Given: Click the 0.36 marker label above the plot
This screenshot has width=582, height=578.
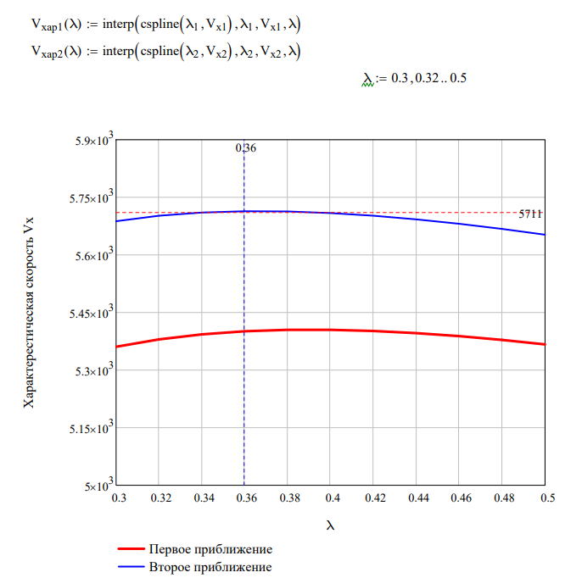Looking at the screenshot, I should (x=245, y=148).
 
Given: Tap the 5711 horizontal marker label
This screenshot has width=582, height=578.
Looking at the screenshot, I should (x=530, y=214).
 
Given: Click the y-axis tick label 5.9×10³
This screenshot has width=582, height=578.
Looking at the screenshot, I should (x=92, y=140).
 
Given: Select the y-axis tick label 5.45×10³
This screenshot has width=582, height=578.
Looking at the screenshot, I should (x=89, y=313).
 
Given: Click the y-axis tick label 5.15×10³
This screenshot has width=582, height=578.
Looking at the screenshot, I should (x=89, y=428).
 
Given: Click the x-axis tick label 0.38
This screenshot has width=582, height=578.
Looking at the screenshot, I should (x=288, y=499).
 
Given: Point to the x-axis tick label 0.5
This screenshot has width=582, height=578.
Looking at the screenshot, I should (x=544, y=499).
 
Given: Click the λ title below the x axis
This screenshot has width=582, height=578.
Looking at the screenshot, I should (x=330, y=525).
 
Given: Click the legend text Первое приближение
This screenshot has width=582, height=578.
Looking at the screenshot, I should (x=210, y=549).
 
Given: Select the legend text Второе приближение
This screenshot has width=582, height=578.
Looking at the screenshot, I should (x=210, y=566).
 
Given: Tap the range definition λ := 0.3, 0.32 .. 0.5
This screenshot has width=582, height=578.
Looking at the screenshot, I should (x=415, y=78).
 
